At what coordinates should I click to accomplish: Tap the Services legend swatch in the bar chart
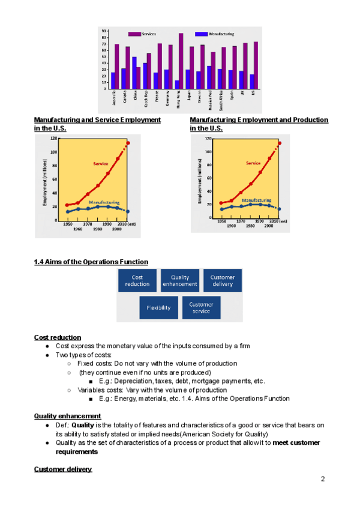(133, 34)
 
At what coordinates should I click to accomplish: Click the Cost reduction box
(137, 280)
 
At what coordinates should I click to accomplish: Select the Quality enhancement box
(180, 280)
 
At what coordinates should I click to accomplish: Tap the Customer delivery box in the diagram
(223, 280)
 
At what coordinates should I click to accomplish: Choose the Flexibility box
(158, 308)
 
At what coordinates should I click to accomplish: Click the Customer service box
(201, 308)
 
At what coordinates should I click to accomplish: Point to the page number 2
(323, 479)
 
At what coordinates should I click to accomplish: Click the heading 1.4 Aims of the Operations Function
(91, 262)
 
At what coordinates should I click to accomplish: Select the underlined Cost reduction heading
(58, 337)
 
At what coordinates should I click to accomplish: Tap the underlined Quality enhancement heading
(67, 416)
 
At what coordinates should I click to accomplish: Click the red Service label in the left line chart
(101, 163)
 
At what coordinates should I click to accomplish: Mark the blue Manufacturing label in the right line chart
(256, 200)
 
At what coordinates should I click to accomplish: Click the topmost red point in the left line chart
(128, 143)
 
